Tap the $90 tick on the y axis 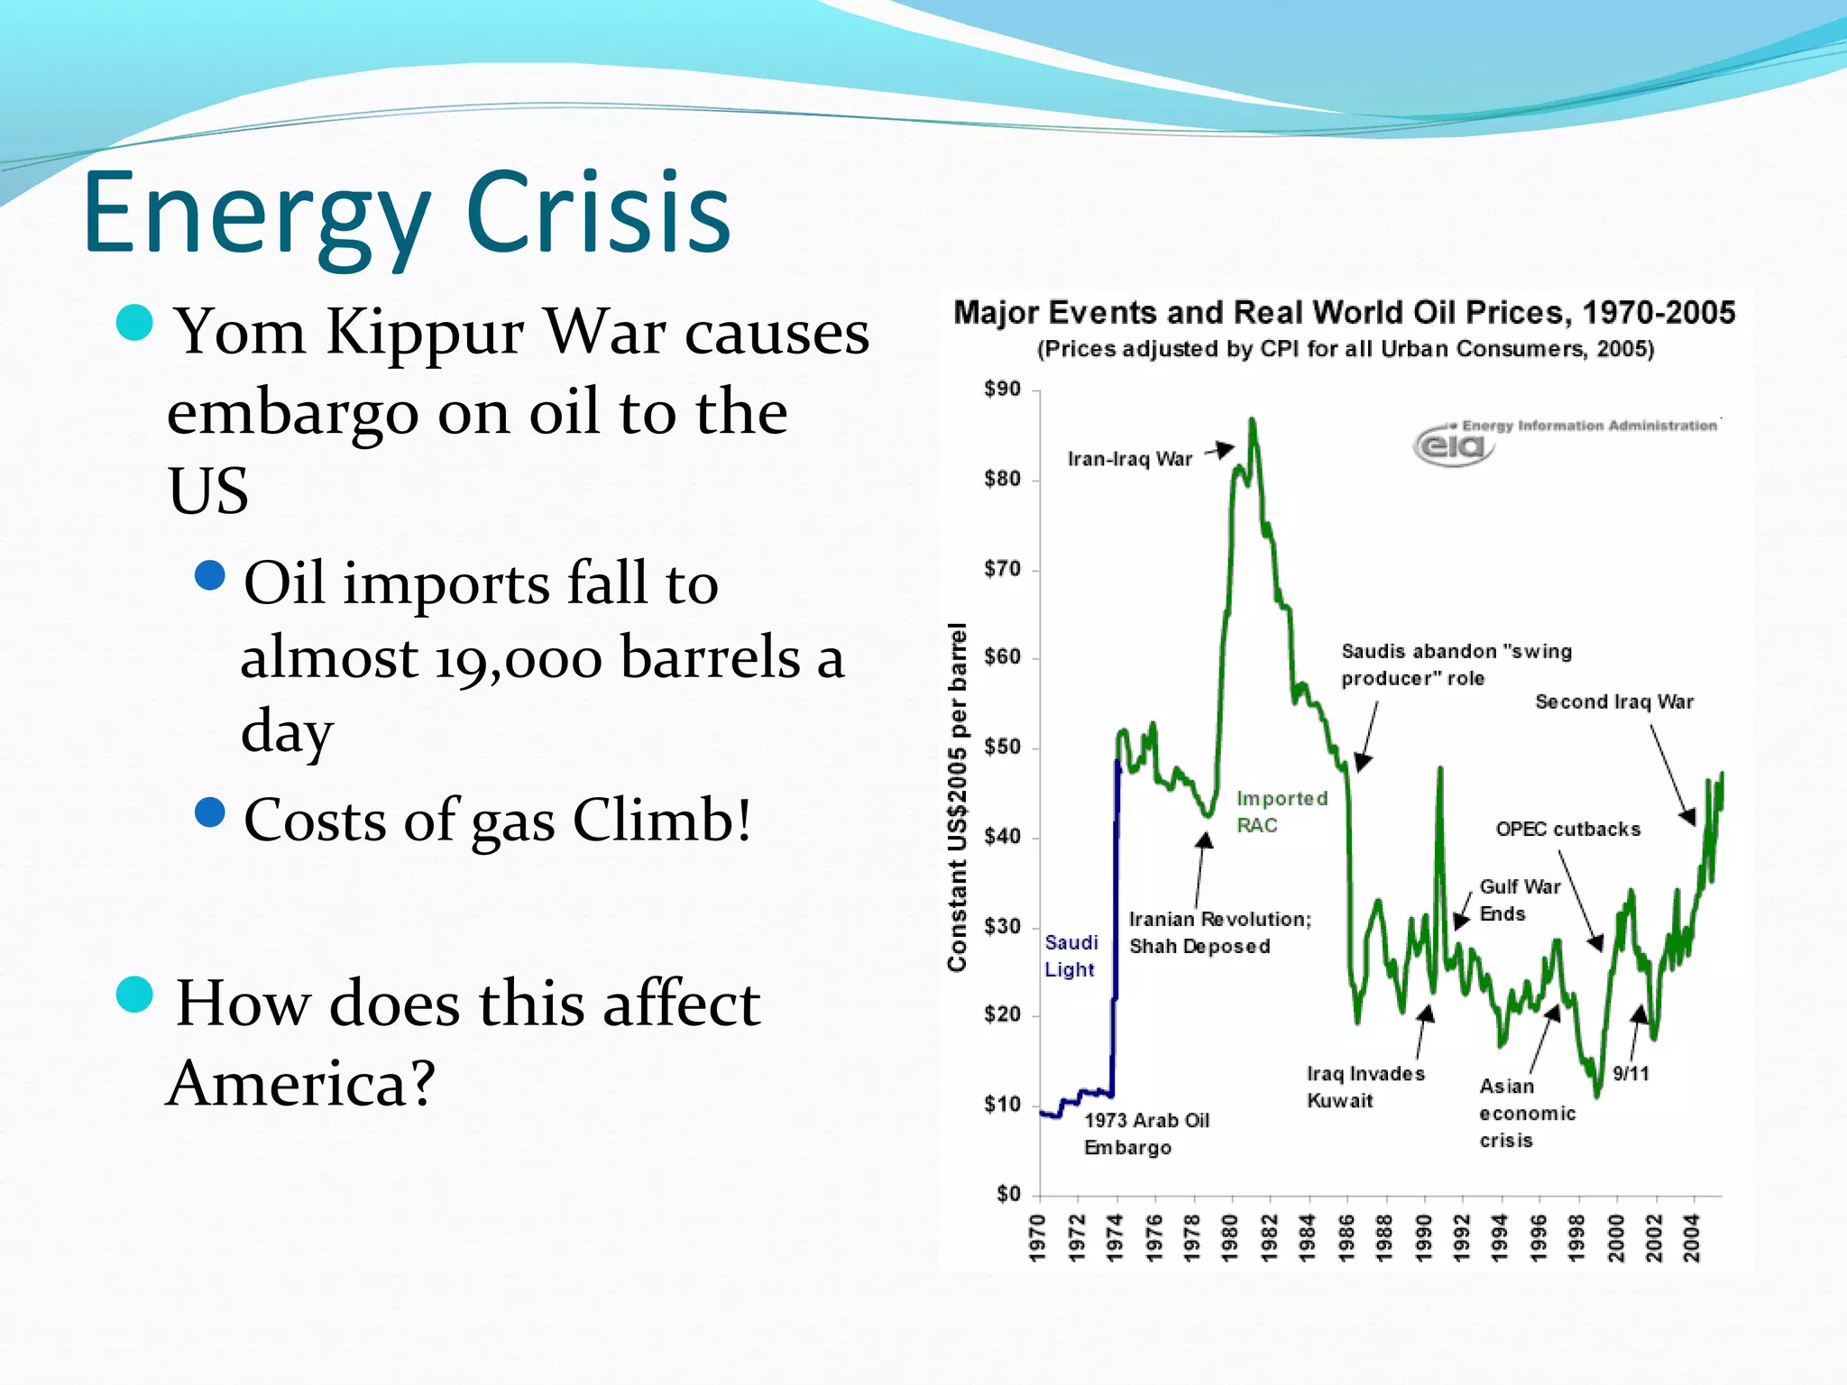pos(1003,390)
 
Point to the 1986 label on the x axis pos(1346,1237)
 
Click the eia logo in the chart pos(1452,445)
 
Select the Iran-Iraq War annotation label pos(1129,460)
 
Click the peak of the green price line pos(1252,420)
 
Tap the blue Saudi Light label pos(1071,956)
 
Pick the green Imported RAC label pos(1281,812)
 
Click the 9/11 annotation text pos(1631,1074)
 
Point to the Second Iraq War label pos(1613,702)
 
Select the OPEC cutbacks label pos(1567,830)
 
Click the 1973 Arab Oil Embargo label pos(1145,1133)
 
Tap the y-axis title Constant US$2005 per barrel pos(957,797)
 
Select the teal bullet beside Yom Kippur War pos(135,323)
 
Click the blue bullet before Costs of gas pos(209,812)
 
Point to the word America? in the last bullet pos(301,1083)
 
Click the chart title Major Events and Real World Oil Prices pos(1344,313)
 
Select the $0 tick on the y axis pos(1008,1195)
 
